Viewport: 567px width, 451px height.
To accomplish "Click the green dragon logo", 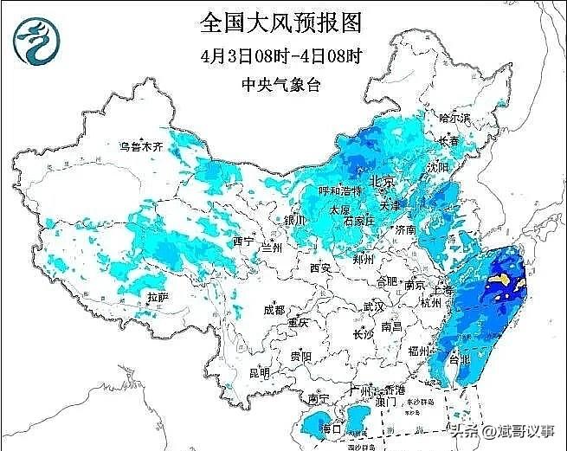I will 35,42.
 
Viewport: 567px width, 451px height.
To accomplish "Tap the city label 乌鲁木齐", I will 141,147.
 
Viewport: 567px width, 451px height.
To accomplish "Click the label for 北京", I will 382,182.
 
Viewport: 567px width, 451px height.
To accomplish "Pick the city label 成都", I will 274,309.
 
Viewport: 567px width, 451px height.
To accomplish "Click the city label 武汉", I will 374,306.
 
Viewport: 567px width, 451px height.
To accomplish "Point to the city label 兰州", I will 271,247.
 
